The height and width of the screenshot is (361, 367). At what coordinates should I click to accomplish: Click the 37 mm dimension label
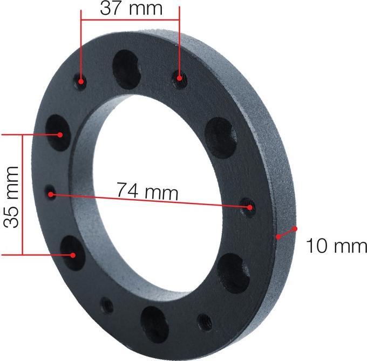pyautogui.click(x=131, y=8)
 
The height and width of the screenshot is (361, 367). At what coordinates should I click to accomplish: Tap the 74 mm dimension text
pyautogui.click(x=147, y=190)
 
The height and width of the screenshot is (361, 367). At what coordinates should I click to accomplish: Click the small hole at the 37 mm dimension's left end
pyautogui.click(x=81, y=82)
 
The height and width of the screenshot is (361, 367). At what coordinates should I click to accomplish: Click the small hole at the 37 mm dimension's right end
pyautogui.click(x=180, y=79)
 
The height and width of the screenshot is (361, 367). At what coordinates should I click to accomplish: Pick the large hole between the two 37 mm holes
pyautogui.click(x=126, y=69)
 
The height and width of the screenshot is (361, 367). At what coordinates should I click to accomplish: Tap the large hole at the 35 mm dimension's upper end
pyautogui.click(x=58, y=133)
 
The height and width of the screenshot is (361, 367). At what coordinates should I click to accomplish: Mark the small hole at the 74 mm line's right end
pyautogui.click(x=249, y=207)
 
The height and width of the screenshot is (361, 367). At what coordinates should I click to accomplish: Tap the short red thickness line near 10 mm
pyautogui.click(x=287, y=233)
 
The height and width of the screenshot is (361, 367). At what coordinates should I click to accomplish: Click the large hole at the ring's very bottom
pyautogui.click(x=154, y=324)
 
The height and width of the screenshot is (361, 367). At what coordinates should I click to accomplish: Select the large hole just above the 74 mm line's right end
pyautogui.click(x=221, y=137)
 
